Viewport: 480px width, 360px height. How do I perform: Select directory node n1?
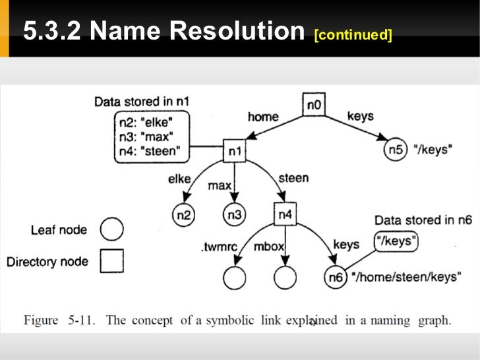(x=235, y=152)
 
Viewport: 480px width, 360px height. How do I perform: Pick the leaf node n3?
(x=234, y=214)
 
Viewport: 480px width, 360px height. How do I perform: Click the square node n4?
(x=284, y=213)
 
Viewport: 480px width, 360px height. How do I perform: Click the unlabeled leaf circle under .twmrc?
(x=234, y=278)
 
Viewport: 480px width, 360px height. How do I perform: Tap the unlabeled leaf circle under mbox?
(x=284, y=278)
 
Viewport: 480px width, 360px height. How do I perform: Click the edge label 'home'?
(x=263, y=117)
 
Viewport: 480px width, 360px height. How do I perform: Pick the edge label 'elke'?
(x=179, y=178)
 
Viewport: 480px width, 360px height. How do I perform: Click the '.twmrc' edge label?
(x=217, y=249)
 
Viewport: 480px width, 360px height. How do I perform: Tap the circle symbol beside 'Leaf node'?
(x=111, y=229)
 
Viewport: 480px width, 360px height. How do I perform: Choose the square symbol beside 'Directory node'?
(x=111, y=262)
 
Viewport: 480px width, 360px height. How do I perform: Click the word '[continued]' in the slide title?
(x=353, y=34)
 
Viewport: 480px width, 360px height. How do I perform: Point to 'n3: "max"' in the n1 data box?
(x=146, y=137)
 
